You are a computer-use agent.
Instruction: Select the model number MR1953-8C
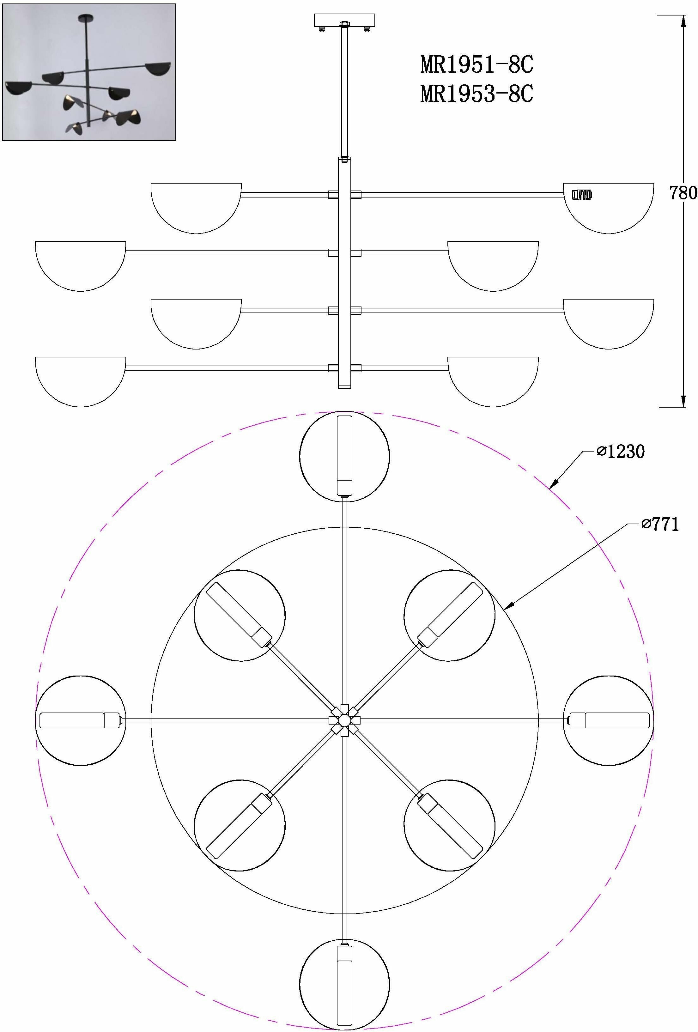tap(476, 94)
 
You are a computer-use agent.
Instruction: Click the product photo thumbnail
tap(89, 72)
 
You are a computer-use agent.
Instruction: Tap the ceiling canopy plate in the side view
tap(344, 21)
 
